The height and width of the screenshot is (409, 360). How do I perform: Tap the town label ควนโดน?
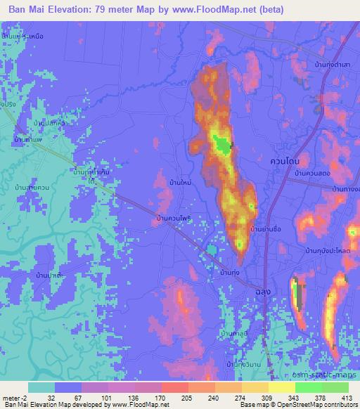coord(284,161)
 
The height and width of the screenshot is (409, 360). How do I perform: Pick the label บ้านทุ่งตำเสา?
coord(333,65)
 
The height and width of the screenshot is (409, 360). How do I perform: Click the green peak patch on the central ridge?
coord(223,145)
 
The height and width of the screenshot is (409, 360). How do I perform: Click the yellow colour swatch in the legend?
coord(282,387)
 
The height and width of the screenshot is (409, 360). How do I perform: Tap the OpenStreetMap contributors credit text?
coord(313,405)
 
